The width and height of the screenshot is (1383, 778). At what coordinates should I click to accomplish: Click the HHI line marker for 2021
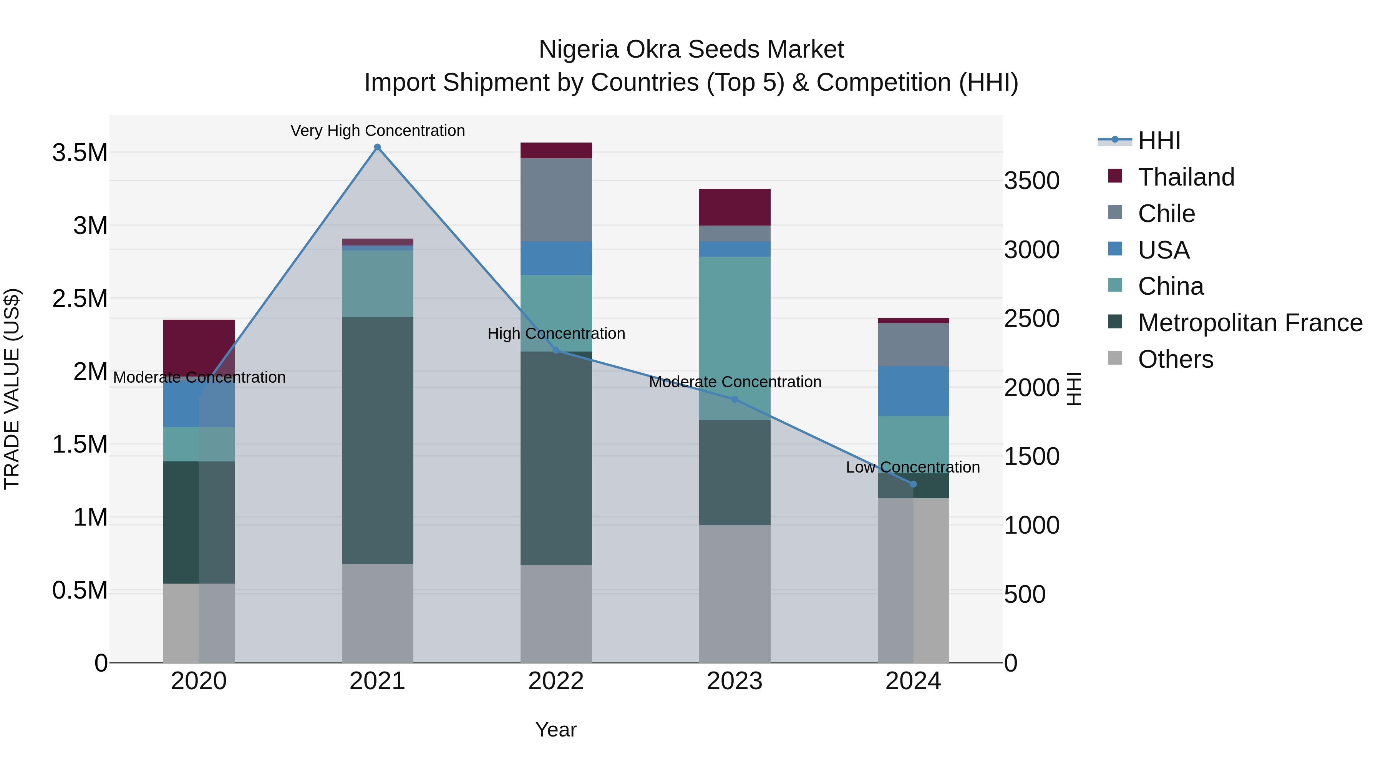click(x=377, y=147)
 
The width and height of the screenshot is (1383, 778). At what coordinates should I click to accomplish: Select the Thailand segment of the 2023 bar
click(x=735, y=207)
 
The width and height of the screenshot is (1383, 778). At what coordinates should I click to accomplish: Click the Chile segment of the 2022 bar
click(x=556, y=200)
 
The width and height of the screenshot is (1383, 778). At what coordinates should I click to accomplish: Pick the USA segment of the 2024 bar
click(x=913, y=391)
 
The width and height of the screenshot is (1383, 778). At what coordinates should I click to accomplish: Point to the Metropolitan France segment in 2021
click(x=377, y=440)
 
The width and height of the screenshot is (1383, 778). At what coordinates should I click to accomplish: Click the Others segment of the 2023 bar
click(x=735, y=593)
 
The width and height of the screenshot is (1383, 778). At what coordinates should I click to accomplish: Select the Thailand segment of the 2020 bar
click(x=199, y=348)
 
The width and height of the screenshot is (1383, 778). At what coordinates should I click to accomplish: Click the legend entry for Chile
click(x=1166, y=214)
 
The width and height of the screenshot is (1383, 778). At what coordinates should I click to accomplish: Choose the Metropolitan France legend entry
click(x=1249, y=323)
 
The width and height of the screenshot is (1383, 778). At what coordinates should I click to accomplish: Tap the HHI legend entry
click(x=1159, y=141)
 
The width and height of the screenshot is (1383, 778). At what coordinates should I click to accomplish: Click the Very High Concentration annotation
click(x=377, y=131)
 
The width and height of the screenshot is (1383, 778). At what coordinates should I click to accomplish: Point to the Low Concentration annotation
click(x=913, y=467)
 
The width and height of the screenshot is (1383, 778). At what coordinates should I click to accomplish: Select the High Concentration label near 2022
click(x=556, y=333)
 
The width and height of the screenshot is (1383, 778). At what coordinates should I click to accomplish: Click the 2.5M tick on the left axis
click(x=80, y=299)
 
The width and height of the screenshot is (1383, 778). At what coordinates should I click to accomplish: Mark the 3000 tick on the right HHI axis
click(x=1031, y=250)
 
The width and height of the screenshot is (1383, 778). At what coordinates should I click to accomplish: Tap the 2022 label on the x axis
click(x=556, y=681)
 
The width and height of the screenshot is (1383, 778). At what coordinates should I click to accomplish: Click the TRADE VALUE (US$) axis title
click(x=12, y=389)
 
